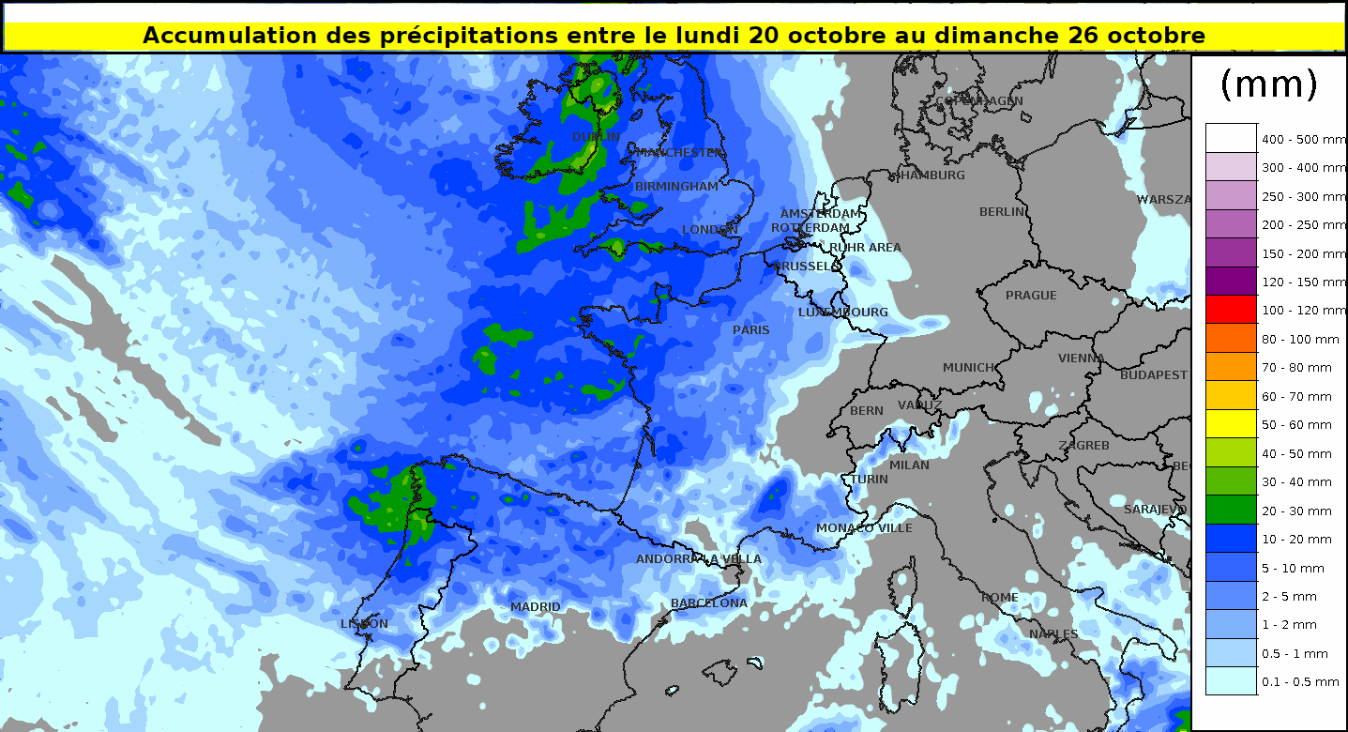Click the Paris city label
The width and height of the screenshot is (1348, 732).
pos(750,330)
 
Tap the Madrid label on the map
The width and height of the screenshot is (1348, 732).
pos(535,607)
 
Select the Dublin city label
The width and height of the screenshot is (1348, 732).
pos(596,137)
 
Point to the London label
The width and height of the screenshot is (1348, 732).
pos(710,230)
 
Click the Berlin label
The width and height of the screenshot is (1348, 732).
pos(1002,212)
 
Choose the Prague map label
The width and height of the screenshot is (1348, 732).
pos(1031,296)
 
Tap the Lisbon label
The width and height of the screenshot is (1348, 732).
pos(364,624)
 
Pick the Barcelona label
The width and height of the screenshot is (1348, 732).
pos(709,603)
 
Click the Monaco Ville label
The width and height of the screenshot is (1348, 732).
pos(864,528)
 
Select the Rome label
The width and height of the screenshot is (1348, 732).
pos(999,598)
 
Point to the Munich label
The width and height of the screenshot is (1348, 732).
pos(969,368)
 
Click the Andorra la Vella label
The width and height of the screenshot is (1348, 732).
pos(699,559)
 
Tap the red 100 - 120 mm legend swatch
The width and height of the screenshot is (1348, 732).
pos(1231,310)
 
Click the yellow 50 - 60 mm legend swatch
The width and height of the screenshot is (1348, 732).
pos(1231,424)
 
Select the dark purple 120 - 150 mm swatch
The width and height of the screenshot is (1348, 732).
pos(1231,282)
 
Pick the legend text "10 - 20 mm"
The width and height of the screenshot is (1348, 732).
pos(1296,540)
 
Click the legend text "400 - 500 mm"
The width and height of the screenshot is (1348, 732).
pos(1304,140)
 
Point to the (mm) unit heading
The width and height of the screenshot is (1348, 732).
pos(1268,84)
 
